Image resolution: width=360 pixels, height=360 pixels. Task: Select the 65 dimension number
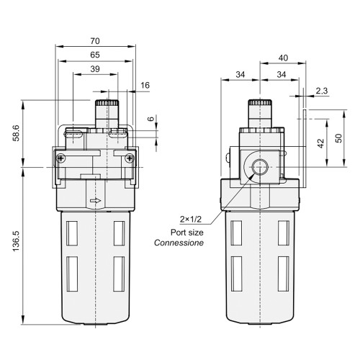(x=95, y=55)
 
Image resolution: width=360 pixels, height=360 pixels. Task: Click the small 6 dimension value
(x=150, y=120)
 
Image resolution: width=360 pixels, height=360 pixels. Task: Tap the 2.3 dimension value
(x=320, y=91)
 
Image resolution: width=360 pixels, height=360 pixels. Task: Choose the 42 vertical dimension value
(x=320, y=143)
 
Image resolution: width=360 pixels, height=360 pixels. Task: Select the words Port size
(x=184, y=232)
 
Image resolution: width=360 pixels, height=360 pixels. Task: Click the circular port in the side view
(x=258, y=168)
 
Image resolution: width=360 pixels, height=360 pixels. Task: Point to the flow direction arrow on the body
(x=96, y=202)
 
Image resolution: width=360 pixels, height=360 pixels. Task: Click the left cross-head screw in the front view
(x=60, y=159)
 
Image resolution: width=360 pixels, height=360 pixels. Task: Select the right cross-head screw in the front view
(x=130, y=159)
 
